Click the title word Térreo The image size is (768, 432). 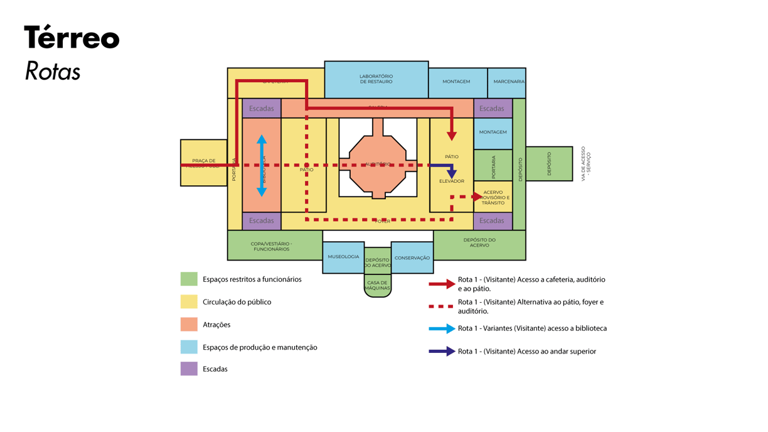click(72, 38)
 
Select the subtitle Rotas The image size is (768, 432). click(53, 72)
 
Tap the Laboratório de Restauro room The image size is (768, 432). click(376, 79)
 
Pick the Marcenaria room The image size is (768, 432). click(508, 82)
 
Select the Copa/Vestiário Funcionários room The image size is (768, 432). click(271, 246)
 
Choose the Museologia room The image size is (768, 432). click(343, 257)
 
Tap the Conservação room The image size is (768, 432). click(412, 258)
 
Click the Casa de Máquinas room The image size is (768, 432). click(377, 286)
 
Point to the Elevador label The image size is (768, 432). click(452, 181)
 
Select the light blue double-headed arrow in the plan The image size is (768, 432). click(262, 166)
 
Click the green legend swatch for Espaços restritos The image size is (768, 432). click(189, 279)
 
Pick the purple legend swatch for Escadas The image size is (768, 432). click(189, 369)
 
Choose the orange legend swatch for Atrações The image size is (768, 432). click(189, 324)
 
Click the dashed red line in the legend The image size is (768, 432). click(441, 306)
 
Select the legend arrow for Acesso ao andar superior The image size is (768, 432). click(442, 351)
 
